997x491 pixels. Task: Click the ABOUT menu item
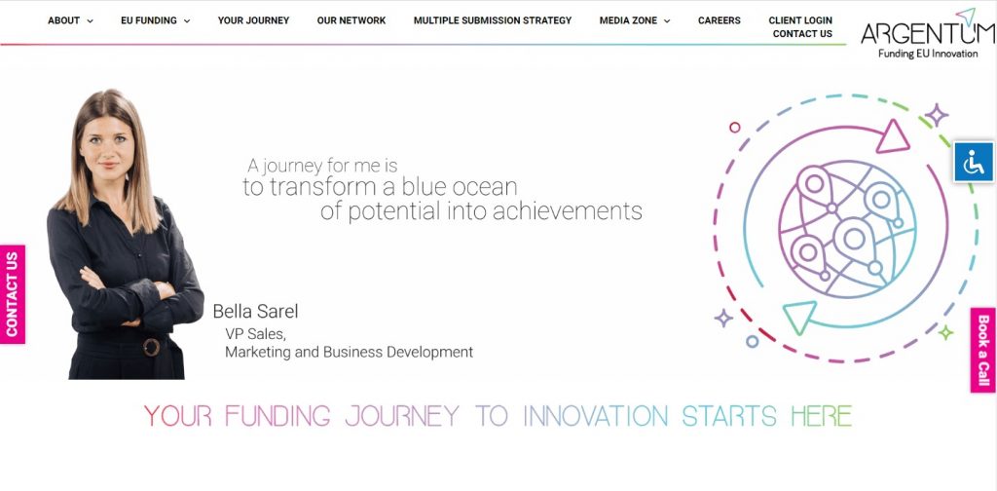70,20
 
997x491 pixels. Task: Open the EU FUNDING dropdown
155,20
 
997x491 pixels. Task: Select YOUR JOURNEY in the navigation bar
253,20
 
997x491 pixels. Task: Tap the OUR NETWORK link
351,20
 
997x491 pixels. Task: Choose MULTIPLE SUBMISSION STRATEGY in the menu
492,20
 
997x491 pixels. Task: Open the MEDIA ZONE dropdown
635,20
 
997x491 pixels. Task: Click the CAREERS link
720,20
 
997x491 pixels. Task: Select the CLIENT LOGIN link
800,20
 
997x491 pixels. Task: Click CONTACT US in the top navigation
802,34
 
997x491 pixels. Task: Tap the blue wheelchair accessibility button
974,162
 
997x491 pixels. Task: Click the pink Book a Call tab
983,351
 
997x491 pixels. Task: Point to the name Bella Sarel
255,311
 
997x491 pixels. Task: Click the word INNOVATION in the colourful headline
595,416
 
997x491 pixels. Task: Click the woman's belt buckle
151,347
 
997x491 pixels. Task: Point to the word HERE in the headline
822,416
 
